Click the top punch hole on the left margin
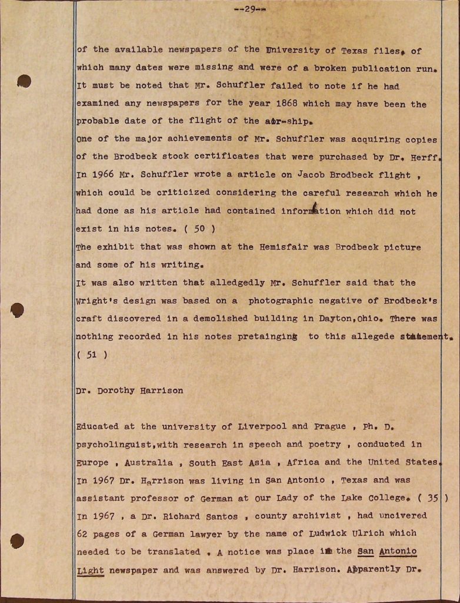[x=24, y=81]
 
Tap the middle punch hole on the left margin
[x=18, y=309]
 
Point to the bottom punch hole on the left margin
[x=18, y=540]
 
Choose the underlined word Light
[x=89, y=570]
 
